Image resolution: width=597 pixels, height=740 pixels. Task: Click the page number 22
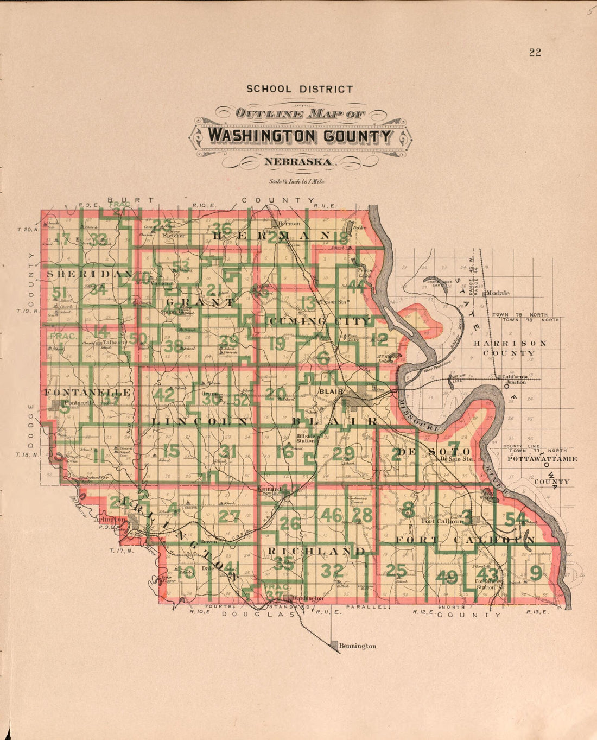[x=535, y=53]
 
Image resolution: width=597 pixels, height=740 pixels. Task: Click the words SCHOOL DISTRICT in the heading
[x=300, y=89]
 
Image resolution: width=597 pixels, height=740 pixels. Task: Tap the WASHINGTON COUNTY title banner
[x=300, y=135]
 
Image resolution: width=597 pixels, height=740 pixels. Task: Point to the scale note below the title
[x=296, y=182]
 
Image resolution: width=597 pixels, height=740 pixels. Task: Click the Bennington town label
[x=357, y=646]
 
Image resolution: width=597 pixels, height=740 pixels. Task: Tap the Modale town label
[x=498, y=293]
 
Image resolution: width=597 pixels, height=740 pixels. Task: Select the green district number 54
[x=516, y=518]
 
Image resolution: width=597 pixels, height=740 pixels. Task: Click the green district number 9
[x=536, y=572]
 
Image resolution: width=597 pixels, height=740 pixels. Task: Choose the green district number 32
[x=332, y=571]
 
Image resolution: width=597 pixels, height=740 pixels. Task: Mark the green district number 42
[x=163, y=395]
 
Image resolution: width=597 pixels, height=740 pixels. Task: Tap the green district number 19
[x=276, y=344]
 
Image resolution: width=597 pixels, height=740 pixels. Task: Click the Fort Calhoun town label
[x=442, y=521]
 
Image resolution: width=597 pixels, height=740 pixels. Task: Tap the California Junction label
[x=513, y=380]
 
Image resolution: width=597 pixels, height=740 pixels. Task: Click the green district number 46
[x=331, y=515]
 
